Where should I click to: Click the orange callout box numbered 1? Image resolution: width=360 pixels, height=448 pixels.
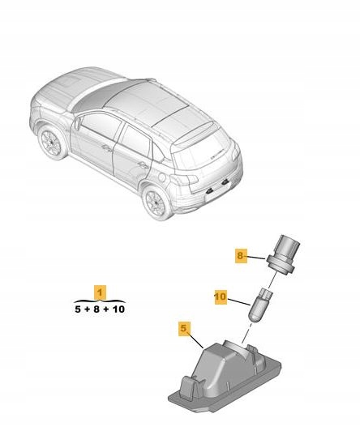[x=100, y=292]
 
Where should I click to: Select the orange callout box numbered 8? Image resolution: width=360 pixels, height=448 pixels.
[x=240, y=255]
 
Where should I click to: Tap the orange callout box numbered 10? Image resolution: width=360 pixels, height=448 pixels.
[x=221, y=297]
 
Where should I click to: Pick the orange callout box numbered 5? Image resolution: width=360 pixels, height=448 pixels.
[x=184, y=328]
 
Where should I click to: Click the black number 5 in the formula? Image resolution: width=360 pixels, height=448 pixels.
[x=78, y=309]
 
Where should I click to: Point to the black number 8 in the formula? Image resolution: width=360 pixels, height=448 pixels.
[x=96, y=309]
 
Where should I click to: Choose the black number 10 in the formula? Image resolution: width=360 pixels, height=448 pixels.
[x=118, y=309]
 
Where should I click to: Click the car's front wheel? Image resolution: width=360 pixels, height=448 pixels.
[x=52, y=142]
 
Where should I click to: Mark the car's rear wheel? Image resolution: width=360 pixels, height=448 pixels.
[x=156, y=203]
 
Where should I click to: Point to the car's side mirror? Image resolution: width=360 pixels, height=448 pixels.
[x=77, y=123]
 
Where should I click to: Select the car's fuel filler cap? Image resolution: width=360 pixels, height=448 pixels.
[x=162, y=177]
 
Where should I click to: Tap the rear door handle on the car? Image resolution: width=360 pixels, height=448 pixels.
[x=142, y=164]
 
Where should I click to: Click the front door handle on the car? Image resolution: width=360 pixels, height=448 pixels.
[x=107, y=147]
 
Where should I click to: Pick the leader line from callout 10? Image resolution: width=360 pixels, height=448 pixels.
[x=239, y=301]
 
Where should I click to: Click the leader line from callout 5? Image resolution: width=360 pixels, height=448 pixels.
[x=196, y=341]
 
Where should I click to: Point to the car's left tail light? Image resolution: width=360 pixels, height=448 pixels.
[x=184, y=180]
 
